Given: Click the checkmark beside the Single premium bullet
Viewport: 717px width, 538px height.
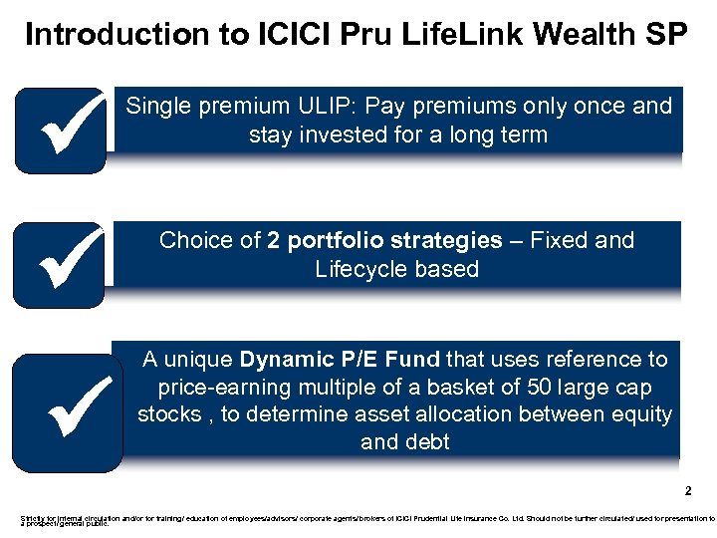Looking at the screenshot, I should [x=60, y=130].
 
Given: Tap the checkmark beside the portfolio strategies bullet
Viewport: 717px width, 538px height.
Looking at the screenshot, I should [x=60, y=264].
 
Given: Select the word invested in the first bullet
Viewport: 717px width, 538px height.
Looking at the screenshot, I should [x=340, y=134].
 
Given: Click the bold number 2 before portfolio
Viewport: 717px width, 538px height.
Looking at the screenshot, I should [x=274, y=240].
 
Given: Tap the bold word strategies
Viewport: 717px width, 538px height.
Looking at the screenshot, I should [x=453, y=240].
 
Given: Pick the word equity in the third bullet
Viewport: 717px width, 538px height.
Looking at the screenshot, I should [x=643, y=413].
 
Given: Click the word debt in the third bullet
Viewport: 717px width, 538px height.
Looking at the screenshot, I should [x=428, y=441].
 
